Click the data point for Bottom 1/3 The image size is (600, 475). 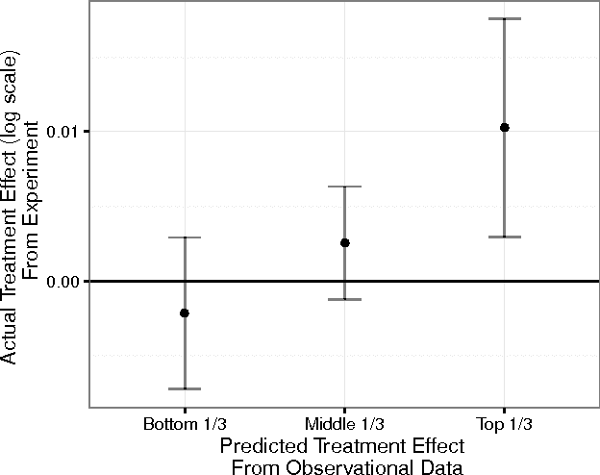pyautogui.click(x=185, y=312)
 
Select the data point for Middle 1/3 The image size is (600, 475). pyautogui.click(x=344, y=242)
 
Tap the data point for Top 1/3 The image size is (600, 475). pyautogui.click(x=504, y=127)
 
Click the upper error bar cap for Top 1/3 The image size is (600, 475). pyautogui.click(x=504, y=18)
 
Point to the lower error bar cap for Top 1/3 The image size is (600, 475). pyautogui.click(x=504, y=237)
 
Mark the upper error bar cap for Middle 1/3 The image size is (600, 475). pyautogui.click(x=344, y=187)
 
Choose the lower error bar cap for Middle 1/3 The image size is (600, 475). pyautogui.click(x=344, y=299)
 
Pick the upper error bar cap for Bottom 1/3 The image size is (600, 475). pyautogui.click(x=185, y=237)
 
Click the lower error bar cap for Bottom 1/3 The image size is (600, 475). pyautogui.click(x=185, y=388)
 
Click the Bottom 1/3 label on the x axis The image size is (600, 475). pyautogui.click(x=185, y=423)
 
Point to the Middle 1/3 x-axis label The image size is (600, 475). pyautogui.click(x=344, y=423)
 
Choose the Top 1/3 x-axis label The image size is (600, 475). pyautogui.click(x=504, y=423)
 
